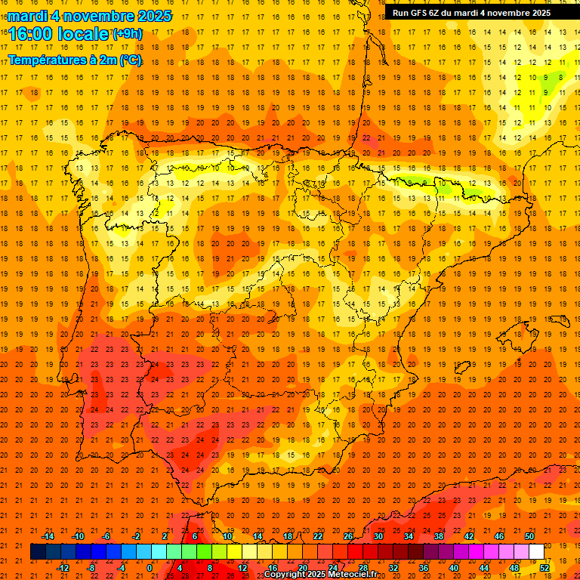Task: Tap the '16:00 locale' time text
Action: (x=58, y=34)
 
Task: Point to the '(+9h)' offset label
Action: (x=126, y=34)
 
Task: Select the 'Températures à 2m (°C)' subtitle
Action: (x=75, y=60)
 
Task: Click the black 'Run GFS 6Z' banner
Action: (x=471, y=13)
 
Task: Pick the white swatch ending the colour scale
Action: (x=537, y=552)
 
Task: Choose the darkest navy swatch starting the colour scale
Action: (x=39, y=552)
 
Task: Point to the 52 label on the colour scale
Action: (x=545, y=567)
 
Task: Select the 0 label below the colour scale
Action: (x=150, y=567)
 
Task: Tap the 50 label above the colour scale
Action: (x=529, y=536)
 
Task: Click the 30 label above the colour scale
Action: (x=378, y=536)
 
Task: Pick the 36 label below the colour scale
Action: (x=423, y=567)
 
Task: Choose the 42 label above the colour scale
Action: (x=468, y=536)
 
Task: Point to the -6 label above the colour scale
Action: (x=107, y=536)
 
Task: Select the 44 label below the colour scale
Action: (x=483, y=567)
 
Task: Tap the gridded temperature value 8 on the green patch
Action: (x=560, y=76)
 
